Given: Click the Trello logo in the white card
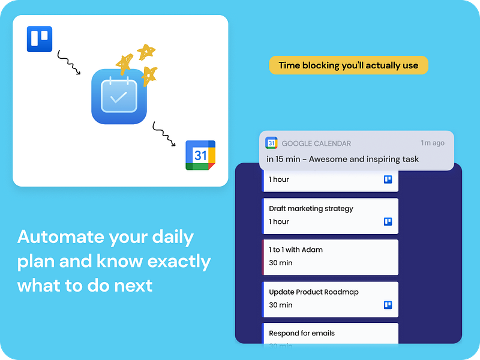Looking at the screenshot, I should pyautogui.click(x=40, y=40).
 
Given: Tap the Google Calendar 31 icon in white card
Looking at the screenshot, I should pyautogui.click(x=200, y=155).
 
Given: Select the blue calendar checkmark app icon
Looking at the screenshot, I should pyautogui.click(x=119, y=96).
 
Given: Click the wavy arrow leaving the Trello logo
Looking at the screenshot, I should pyautogui.click(x=68, y=62).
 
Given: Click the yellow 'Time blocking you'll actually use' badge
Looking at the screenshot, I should pyautogui.click(x=349, y=65).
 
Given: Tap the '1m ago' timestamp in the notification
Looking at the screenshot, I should pyautogui.click(x=433, y=143).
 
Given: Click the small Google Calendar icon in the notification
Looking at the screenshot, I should pyautogui.click(x=271, y=143).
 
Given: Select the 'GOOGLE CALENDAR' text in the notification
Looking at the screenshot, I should pyautogui.click(x=316, y=143).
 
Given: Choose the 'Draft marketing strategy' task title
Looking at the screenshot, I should pyautogui.click(x=311, y=209).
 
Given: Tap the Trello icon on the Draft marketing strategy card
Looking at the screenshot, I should pyautogui.click(x=388, y=221).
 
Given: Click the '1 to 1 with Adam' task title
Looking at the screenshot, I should pyautogui.click(x=296, y=250).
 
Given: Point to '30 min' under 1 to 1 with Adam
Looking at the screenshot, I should pyautogui.click(x=280, y=263).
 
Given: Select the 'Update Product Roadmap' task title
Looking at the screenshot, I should pyautogui.click(x=314, y=292).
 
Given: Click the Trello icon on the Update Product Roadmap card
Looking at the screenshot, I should pyautogui.click(x=388, y=305).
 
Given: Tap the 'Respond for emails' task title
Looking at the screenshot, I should pyautogui.click(x=302, y=333).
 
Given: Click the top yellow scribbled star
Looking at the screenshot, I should pyautogui.click(x=145, y=52).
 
